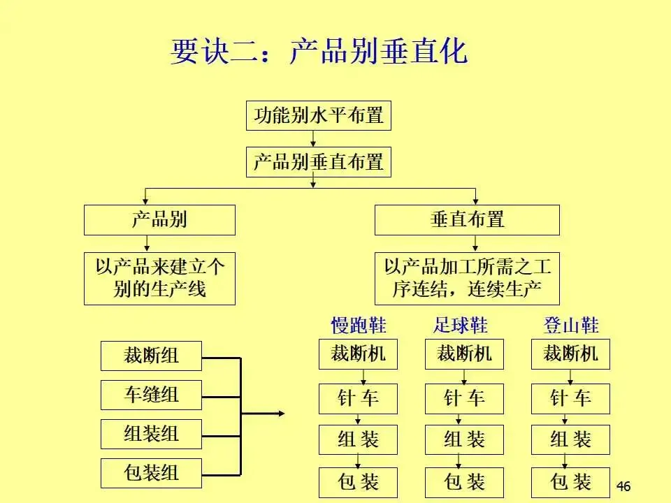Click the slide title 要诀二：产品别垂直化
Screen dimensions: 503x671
pos(319,53)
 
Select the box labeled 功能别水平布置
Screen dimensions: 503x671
pos(318,116)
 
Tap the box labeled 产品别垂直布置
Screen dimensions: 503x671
pos(318,163)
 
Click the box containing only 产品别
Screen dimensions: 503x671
pos(159,220)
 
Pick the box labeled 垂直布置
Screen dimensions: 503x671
pos(467,220)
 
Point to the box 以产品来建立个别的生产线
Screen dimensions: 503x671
pos(159,278)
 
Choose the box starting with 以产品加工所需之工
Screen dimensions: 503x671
pos(467,278)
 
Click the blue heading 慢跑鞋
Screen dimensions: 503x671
pos(358,326)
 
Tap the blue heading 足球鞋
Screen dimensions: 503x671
pos(461,326)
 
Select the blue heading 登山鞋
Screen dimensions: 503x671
pos(571,326)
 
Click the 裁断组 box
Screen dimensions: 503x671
pos(151,356)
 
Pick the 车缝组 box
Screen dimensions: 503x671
pos(151,395)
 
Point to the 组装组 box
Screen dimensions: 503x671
pos(151,434)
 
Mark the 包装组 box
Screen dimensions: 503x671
pos(151,473)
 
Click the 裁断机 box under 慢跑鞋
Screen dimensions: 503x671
pos(358,354)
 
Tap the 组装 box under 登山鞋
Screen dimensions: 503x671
pos(570,440)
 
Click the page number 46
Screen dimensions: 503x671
pos(623,486)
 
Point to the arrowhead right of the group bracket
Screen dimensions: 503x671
pos(281,414)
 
